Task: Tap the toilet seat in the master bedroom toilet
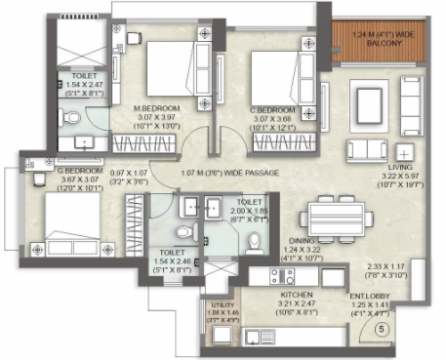[x=71, y=119]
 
